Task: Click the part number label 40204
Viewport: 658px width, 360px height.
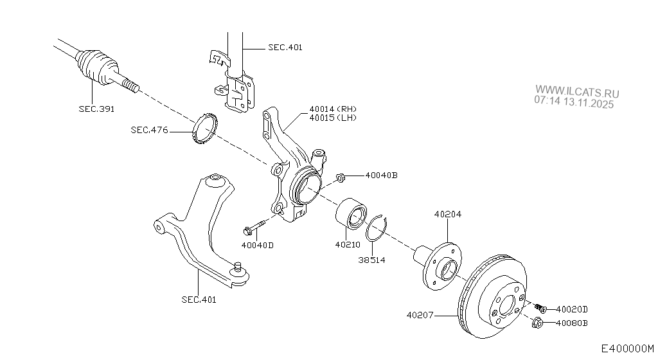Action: tap(447, 215)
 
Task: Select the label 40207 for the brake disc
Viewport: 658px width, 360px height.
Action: tap(420, 315)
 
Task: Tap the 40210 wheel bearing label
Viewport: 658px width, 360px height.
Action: tap(348, 244)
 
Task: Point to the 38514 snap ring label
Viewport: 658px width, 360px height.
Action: tap(372, 260)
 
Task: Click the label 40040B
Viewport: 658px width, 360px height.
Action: tap(382, 175)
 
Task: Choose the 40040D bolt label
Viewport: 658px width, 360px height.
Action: tap(258, 244)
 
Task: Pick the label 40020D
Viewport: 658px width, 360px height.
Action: tap(572, 309)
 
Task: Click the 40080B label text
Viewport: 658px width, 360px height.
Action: tap(572, 323)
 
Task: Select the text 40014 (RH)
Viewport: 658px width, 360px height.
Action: tap(332, 109)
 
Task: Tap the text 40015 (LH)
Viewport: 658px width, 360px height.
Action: tap(332, 118)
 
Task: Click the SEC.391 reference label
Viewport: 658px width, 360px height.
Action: tap(96, 109)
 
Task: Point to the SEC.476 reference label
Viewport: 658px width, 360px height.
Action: tap(149, 130)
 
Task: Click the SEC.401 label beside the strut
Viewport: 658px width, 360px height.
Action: tap(285, 47)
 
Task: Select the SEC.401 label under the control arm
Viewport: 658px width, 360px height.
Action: tap(199, 299)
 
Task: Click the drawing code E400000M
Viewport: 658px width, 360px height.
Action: tap(628, 348)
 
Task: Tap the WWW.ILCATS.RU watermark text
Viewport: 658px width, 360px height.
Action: tap(577, 92)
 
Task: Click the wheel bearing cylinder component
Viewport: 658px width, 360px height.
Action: tap(351, 213)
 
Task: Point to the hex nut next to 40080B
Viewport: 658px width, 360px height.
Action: tap(538, 323)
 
